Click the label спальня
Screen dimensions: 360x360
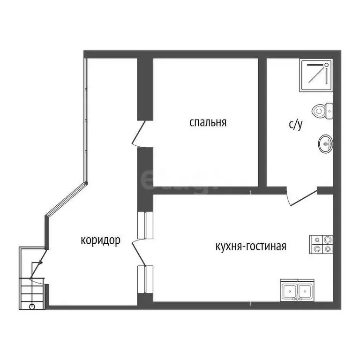coord(208,123)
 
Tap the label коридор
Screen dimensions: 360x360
coord(101,240)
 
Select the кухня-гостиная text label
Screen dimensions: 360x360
coord(250,247)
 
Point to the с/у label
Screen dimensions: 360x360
coord(295,125)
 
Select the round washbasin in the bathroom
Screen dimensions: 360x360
coord(325,143)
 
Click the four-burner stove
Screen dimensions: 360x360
coord(321,245)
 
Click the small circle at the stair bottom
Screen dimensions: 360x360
coord(32,307)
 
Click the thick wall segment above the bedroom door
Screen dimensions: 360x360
coord(144,88)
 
